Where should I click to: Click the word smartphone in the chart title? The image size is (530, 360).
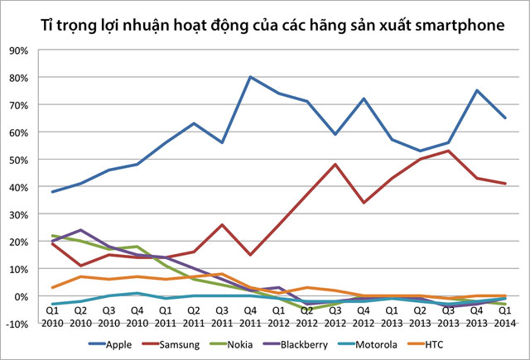459,26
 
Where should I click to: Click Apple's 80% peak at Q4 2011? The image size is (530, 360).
250,77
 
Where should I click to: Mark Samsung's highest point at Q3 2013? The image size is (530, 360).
448,151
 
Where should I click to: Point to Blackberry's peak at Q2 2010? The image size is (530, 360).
81,230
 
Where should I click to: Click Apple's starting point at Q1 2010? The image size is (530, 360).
53,191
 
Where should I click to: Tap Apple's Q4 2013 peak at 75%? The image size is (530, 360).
476,91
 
